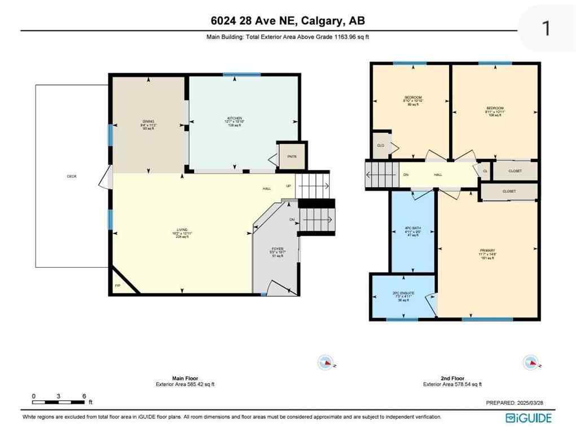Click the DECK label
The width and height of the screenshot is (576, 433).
click(72, 176)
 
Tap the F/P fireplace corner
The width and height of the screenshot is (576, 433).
click(118, 286)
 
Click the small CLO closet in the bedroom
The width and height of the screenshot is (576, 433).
click(381, 145)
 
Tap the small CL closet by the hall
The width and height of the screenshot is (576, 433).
click(485, 171)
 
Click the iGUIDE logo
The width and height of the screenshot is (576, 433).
click(529, 418)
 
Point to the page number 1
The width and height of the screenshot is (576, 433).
click(546, 28)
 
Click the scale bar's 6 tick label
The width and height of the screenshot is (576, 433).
click(84, 396)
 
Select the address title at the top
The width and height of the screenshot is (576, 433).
click(288, 21)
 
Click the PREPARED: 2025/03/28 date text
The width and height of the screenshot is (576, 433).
click(517, 403)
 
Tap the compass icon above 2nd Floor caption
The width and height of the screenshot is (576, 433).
click(530, 362)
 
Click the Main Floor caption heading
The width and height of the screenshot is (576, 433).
click(185, 378)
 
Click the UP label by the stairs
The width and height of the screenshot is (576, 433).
click(288, 187)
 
